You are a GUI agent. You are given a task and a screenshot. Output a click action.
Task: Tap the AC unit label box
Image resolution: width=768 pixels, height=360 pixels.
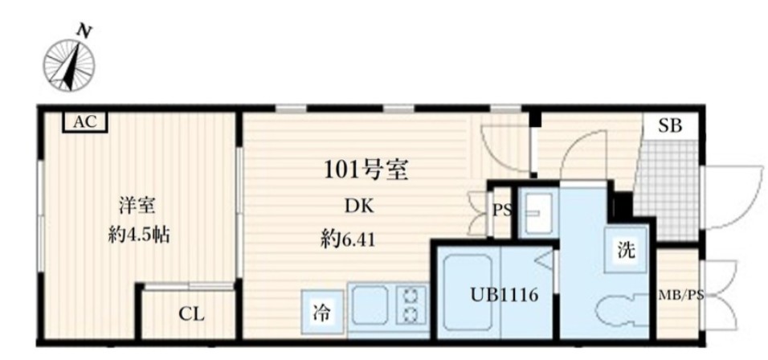point(84,122)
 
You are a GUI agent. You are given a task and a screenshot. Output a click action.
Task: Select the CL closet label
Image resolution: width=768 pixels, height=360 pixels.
point(191,314)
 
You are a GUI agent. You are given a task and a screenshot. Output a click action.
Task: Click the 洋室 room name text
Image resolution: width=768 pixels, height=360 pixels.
point(137,207)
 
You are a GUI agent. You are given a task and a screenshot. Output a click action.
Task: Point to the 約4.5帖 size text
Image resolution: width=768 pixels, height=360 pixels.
point(139,236)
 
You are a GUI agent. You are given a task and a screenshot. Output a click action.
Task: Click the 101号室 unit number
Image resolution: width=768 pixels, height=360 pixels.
point(366,171)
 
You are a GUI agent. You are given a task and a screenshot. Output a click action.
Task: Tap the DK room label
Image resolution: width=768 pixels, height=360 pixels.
point(358,207)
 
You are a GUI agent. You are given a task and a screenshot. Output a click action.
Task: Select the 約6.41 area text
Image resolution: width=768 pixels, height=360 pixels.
point(348,240)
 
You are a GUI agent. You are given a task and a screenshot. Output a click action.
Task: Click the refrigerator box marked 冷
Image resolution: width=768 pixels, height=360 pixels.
point(322,313)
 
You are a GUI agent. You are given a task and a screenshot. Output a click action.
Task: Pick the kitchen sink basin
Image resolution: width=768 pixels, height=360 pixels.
point(370,305)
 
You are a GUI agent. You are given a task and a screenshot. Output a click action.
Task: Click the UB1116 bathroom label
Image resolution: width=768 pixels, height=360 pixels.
point(505,295)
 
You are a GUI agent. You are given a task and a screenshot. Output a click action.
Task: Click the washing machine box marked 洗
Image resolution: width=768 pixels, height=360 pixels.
point(626,250)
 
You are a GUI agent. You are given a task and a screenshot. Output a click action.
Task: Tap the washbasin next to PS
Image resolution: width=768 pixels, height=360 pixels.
point(537,213)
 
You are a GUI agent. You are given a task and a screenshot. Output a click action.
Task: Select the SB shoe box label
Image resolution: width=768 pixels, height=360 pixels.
point(669,126)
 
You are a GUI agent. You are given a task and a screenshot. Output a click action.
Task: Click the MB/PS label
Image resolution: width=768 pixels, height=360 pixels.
point(680,296)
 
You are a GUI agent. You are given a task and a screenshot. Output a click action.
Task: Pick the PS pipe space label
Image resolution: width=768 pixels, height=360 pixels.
point(501,211)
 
